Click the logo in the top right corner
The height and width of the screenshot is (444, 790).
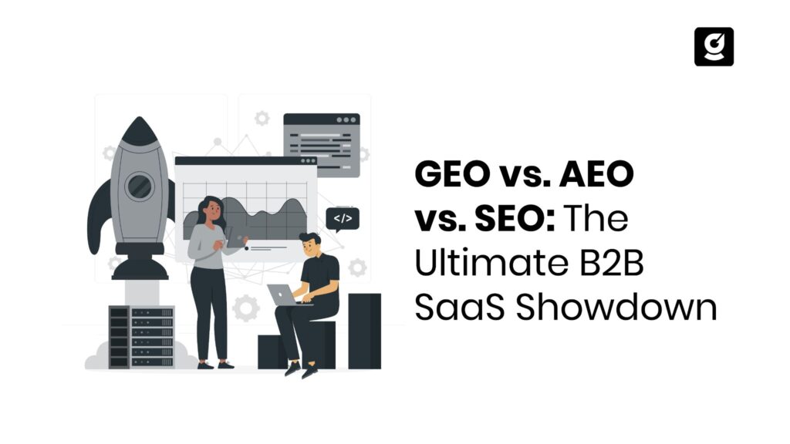(714, 46)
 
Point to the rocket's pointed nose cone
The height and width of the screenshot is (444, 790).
(139, 129)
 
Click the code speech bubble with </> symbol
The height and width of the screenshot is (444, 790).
(343, 219)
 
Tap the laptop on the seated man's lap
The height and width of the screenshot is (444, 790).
(283, 294)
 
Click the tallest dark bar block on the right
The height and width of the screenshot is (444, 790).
(364, 330)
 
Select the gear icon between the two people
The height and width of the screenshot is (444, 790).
(245, 308)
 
